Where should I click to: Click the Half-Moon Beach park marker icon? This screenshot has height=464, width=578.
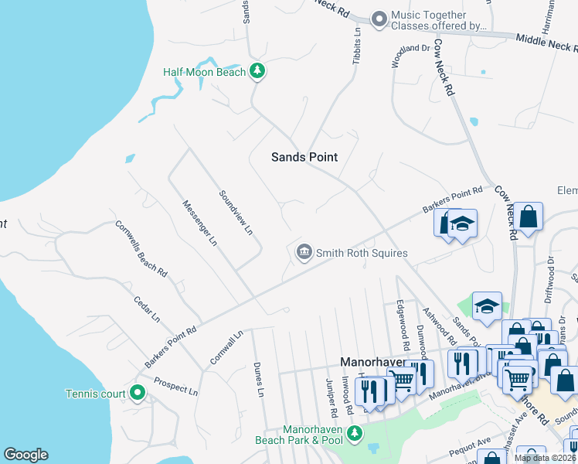(258, 72)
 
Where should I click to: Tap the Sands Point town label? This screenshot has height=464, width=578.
(304, 157)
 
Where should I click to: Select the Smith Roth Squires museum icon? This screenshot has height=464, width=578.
(304, 252)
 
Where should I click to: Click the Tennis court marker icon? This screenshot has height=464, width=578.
(138, 393)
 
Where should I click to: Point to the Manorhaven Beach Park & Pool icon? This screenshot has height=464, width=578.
(354, 433)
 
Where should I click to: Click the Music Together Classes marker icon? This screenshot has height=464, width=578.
(379, 19)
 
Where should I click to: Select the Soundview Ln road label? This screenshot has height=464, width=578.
(236, 213)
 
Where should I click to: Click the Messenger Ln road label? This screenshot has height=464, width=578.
(199, 223)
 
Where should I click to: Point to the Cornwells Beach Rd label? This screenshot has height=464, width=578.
(141, 248)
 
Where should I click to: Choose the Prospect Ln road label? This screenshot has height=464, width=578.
(175, 386)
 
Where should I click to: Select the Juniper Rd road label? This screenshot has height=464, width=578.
(329, 391)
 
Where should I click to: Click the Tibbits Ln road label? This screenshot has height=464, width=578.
(357, 46)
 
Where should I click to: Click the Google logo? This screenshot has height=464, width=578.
(25, 455)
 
